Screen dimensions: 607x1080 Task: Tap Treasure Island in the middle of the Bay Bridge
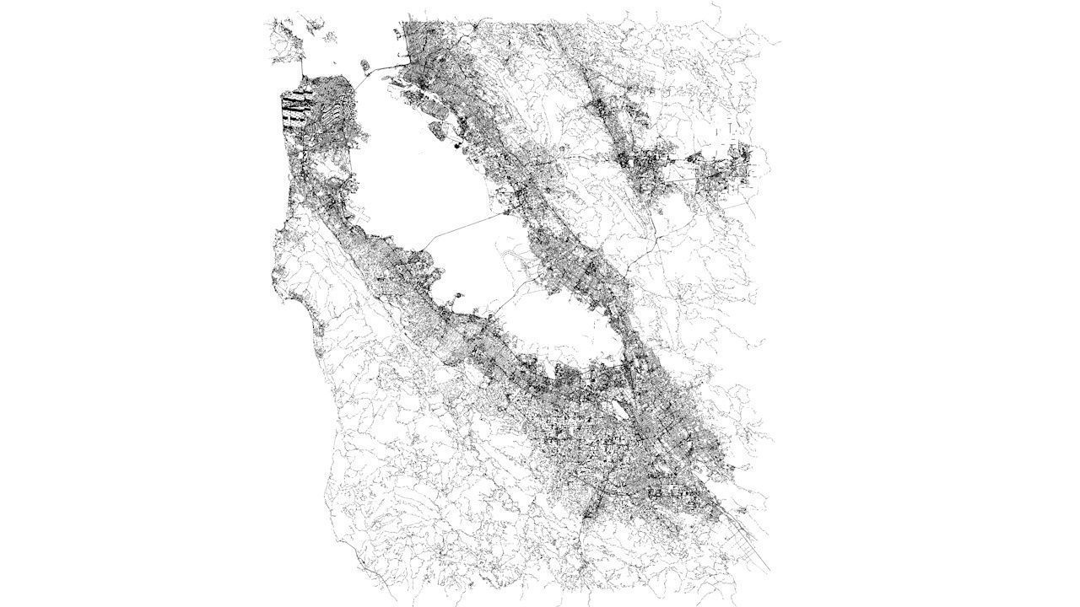[365, 65]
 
